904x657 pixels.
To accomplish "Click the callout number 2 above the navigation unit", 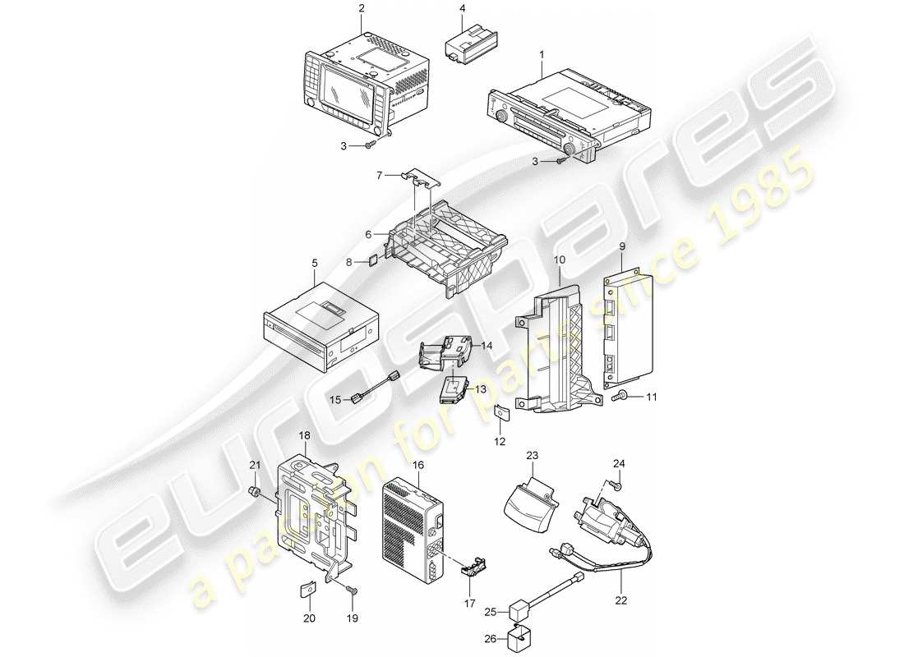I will coord(360,9).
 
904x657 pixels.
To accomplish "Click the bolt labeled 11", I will coord(621,397).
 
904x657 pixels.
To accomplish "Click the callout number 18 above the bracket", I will coord(306,436).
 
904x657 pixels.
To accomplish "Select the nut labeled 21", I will coord(256,492).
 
